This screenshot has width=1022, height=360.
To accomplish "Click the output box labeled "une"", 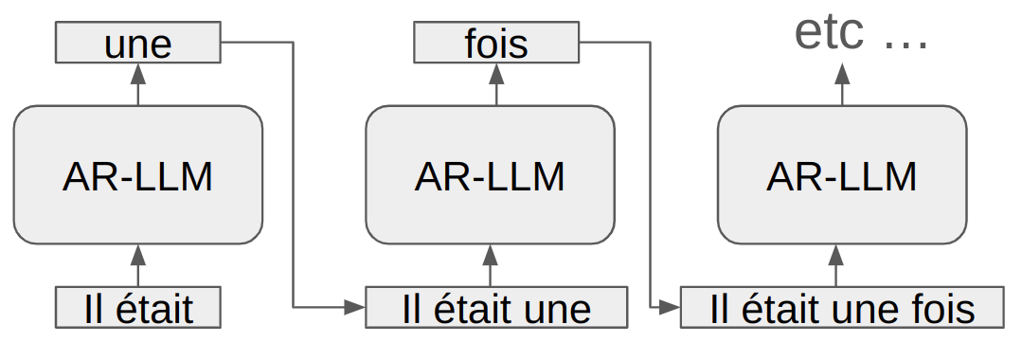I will tap(138, 43).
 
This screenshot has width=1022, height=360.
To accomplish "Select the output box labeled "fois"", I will tap(496, 43).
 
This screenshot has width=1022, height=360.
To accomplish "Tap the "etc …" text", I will tap(861, 34).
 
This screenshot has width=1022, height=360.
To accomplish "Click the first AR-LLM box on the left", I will tap(138, 174).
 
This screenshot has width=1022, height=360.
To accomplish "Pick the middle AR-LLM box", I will tap(490, 174).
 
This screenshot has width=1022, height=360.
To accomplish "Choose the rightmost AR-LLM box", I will tap(842, 174).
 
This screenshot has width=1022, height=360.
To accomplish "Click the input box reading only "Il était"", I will tap(138, 309).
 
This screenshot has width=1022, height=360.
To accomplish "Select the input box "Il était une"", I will tap(496, 309).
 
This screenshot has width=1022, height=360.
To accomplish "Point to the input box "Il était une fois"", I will tap(842, 309).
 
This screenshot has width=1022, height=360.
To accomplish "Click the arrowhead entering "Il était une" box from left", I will tap(356, 307).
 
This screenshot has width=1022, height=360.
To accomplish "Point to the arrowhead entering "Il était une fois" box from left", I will tap(671, 307).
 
